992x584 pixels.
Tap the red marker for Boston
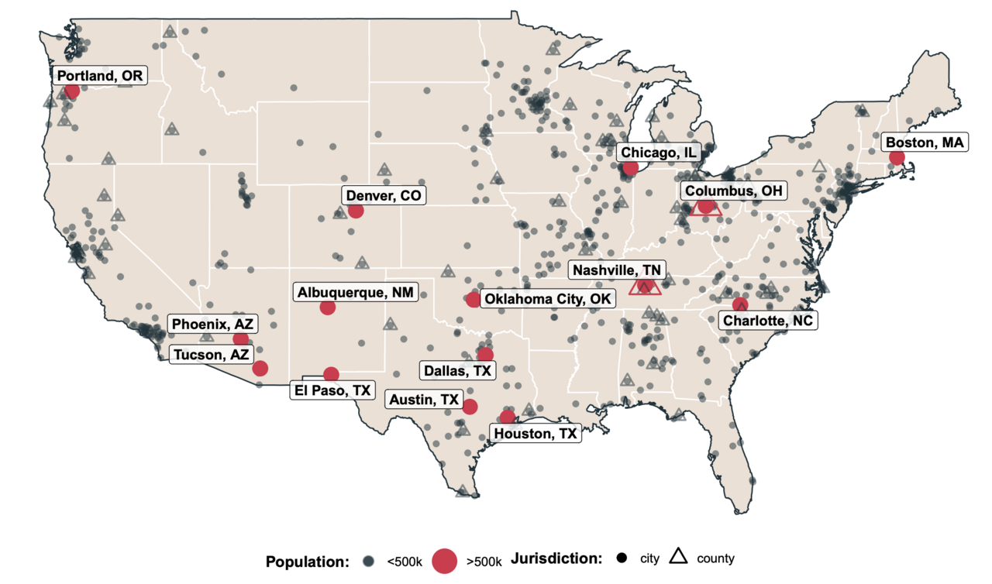tap(897, 157)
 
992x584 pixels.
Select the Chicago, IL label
tap(659, 153)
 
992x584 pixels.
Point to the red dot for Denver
tap(356, 211)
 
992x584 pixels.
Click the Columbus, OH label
tap(732, 191)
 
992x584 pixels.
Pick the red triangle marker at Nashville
tap(645, 287)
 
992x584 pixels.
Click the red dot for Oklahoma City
tap(474, 300)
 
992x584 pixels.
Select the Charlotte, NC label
tap(768, 320)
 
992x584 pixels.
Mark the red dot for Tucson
tap(260, 368)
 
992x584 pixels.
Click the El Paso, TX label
tap(331, 390)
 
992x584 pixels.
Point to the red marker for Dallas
tap(485, 355)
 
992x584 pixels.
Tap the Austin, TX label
tap(422, 400)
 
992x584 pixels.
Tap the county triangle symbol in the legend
tap(679, 556)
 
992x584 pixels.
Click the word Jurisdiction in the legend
tap(556, 559)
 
